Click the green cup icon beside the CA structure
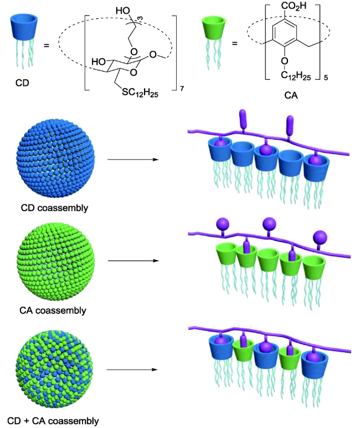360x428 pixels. tap(213, 32)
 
